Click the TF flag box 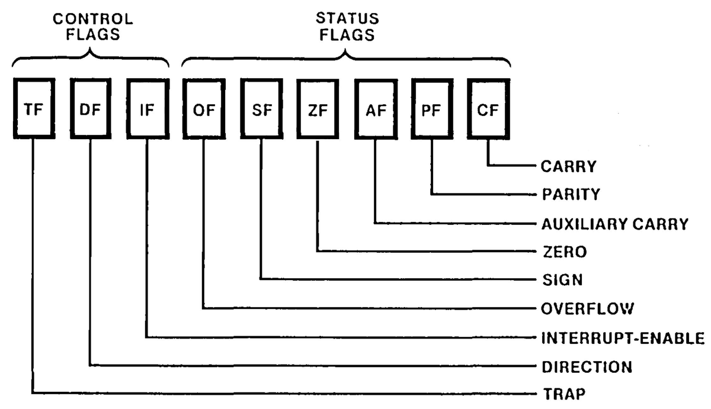(x=33, y=110)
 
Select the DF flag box (x=90, y=110)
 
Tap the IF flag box (x=146, y=110)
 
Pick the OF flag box (x=204, y=110)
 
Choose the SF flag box (x=261, y=110)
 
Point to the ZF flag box (x=318, y=110)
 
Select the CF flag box (x=488, y=110)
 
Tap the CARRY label (x=568, y=166)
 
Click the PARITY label (x=570, y=195)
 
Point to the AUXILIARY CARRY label (x=614, y=224)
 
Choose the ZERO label (x=563, y=252)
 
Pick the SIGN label (x=562, y=280)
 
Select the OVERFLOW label (x=587, y=308)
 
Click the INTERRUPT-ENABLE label (x=622, y=339)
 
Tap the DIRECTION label (x=586, y=367)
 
